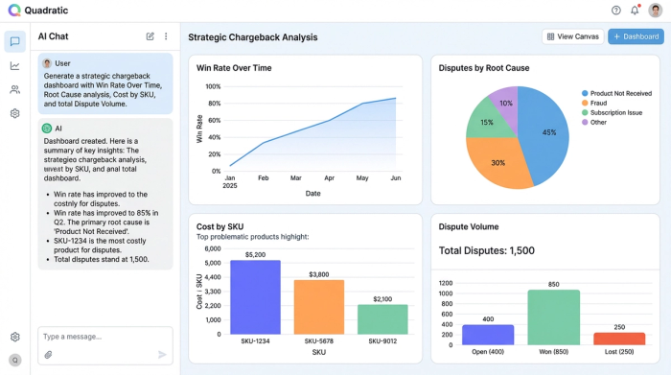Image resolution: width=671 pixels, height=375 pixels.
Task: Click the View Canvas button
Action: [571, 36]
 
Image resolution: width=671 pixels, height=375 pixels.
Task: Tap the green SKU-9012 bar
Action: [382, 318]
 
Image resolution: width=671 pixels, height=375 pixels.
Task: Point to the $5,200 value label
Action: [255, 255]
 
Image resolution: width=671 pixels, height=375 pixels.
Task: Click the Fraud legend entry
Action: [598, 103]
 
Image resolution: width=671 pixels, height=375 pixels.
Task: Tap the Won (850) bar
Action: [553, 316]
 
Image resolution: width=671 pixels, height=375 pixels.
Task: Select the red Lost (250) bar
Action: [618, 338]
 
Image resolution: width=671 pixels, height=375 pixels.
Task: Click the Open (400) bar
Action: [488, 334]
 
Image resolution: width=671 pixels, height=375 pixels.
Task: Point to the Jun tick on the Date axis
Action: [395, 178]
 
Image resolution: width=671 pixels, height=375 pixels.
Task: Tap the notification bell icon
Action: [635, 11]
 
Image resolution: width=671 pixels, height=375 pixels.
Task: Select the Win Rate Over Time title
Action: [234, 68]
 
